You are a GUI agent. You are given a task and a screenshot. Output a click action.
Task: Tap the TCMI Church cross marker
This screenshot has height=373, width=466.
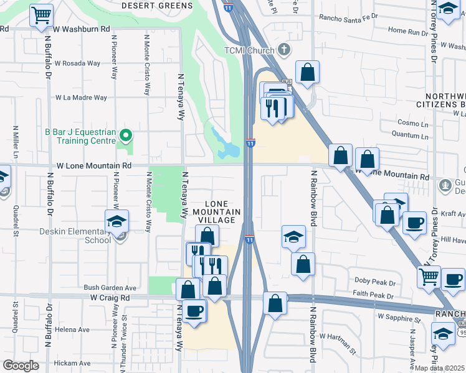pos(284,48)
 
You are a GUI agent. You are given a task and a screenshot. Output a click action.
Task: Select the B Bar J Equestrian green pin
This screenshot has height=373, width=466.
pos(125,134)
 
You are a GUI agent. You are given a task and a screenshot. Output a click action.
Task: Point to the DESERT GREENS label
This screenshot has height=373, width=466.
pos(157,5)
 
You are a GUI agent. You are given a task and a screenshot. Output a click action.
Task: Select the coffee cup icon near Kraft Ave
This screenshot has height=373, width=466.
pos(414,223)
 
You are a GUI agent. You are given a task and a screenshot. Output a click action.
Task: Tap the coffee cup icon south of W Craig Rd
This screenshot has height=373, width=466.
pos(194,310)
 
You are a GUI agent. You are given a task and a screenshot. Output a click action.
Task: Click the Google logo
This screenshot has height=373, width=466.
pos(21,366)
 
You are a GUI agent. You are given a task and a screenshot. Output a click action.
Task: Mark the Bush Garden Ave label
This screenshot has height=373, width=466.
pos(110,288)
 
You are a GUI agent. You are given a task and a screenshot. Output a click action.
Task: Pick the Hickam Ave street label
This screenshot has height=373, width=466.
pos(72,363)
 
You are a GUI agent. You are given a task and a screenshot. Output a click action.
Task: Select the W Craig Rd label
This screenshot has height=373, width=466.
pos(109,298)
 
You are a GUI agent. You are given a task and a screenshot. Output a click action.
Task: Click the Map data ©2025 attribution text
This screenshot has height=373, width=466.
pos(440,368)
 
